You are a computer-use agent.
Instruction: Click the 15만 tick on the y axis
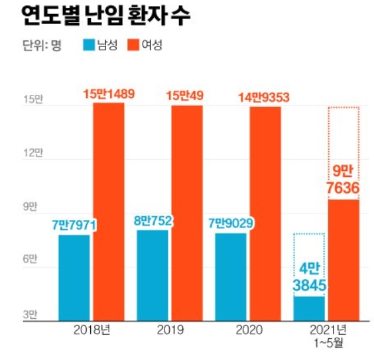click(x=32, y=100)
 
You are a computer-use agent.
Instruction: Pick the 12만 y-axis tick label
click(x=32, y=154)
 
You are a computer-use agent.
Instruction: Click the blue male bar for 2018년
click(x=74, y=278)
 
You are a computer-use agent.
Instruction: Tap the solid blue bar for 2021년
click(x=309, y=309)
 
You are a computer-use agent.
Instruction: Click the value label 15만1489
click(x=109, y=95)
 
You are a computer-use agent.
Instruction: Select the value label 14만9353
click(x=265, y=97)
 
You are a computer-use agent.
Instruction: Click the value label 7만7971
click(x=74, y=225)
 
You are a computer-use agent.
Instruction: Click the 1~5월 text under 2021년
click(x=326, y=343)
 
